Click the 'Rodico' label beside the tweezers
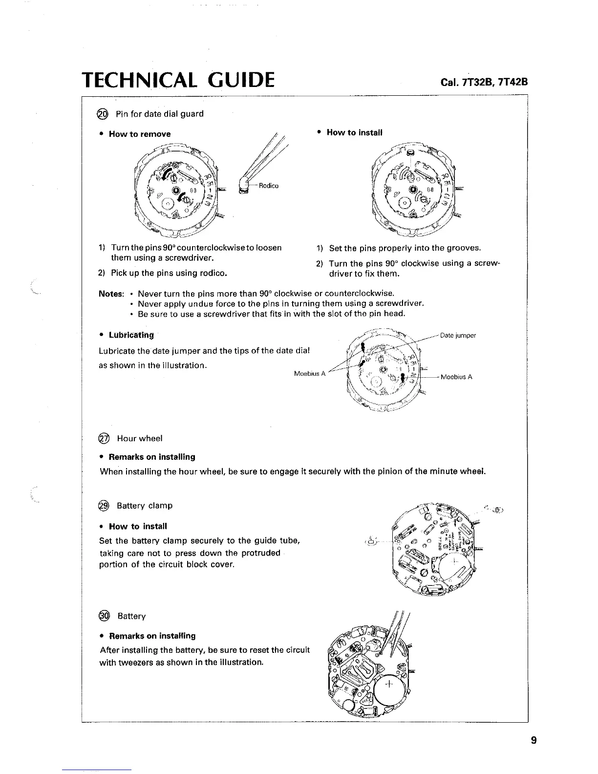(x=269, y=186)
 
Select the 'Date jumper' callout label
(x=458, y=336)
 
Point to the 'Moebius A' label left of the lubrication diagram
(x=310, y=374)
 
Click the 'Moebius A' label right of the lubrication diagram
(x=456, y=377)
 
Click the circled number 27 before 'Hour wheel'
(x=104, y=438)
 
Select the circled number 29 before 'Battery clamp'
(x=104, y=506)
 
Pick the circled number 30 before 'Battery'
(x=104, y=616)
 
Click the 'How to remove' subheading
(x=140, y=134)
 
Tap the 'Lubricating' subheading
(x=131, y=335)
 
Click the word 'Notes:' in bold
(x=111, y=294)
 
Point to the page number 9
(x=534, y=740)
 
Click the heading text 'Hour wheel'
(x=140, y=438)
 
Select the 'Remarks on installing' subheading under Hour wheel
(x=151, y=457)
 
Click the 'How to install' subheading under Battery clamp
(x=138, y=527)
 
